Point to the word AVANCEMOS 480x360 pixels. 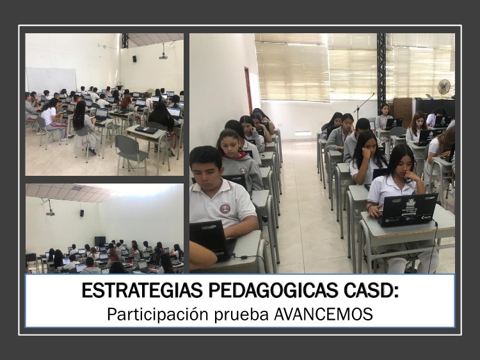[x=323, y=314]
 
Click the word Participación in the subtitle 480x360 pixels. [x=157, y=315]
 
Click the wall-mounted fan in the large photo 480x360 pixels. [x=444, y=86]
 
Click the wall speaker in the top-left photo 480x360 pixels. [x=134, y=59]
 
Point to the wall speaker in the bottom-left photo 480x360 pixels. [x=82, y=213]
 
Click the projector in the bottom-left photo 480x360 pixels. [x=50, y=213]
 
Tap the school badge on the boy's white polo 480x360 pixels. [x=225, y=208]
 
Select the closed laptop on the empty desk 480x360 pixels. [x=146, y=129]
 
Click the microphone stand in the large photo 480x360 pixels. [x=364, y=106]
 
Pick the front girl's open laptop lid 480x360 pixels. [x=408, y=210]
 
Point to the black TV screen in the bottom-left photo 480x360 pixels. [x=100, y=241]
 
